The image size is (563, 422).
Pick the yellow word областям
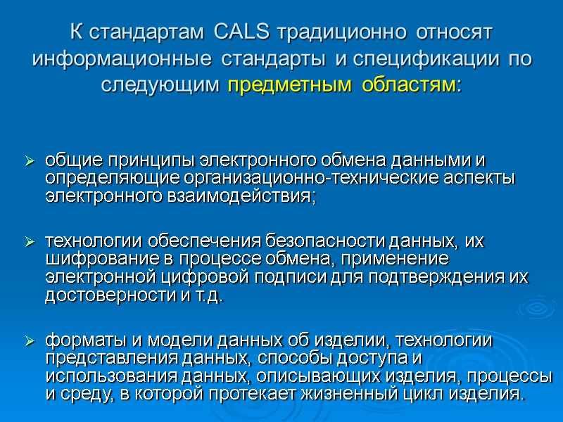click(410, 85)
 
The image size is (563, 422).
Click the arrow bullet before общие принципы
click(30, 162)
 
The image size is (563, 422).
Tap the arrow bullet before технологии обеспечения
click(30, 243)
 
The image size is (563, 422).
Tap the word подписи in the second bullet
click(303, 276)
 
